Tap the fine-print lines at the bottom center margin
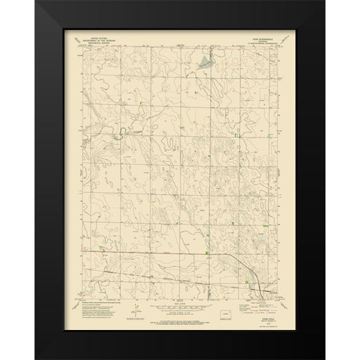tap(178, 315)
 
